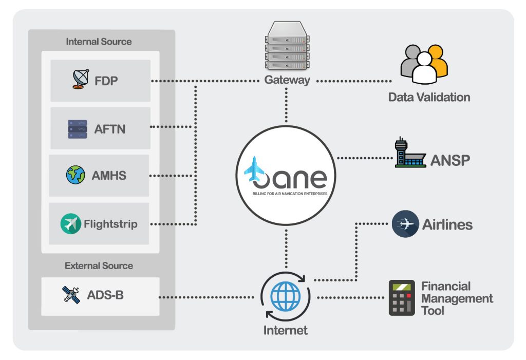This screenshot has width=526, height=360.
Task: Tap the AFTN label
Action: coord(109,129)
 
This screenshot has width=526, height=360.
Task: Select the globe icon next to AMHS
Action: coord(76,176)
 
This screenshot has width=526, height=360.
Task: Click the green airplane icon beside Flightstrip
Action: coord(70,224)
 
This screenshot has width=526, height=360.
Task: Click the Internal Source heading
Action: coord(99,42)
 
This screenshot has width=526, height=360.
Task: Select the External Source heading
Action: coord(99,266)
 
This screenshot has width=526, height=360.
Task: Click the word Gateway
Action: coord(287,80)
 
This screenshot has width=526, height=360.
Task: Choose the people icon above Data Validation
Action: coord(424,64)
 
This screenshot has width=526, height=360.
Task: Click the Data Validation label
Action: coord(429,97)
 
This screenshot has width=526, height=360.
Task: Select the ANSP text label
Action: coord(450,160)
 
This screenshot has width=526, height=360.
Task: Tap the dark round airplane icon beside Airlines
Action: coord(405,224)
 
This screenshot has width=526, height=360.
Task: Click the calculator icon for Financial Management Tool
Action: coord(401,298)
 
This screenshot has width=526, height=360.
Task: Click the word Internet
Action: coord(286,330)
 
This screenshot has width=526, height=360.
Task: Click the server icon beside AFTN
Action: coord(78,129)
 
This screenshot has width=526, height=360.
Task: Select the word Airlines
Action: coord(447,224)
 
